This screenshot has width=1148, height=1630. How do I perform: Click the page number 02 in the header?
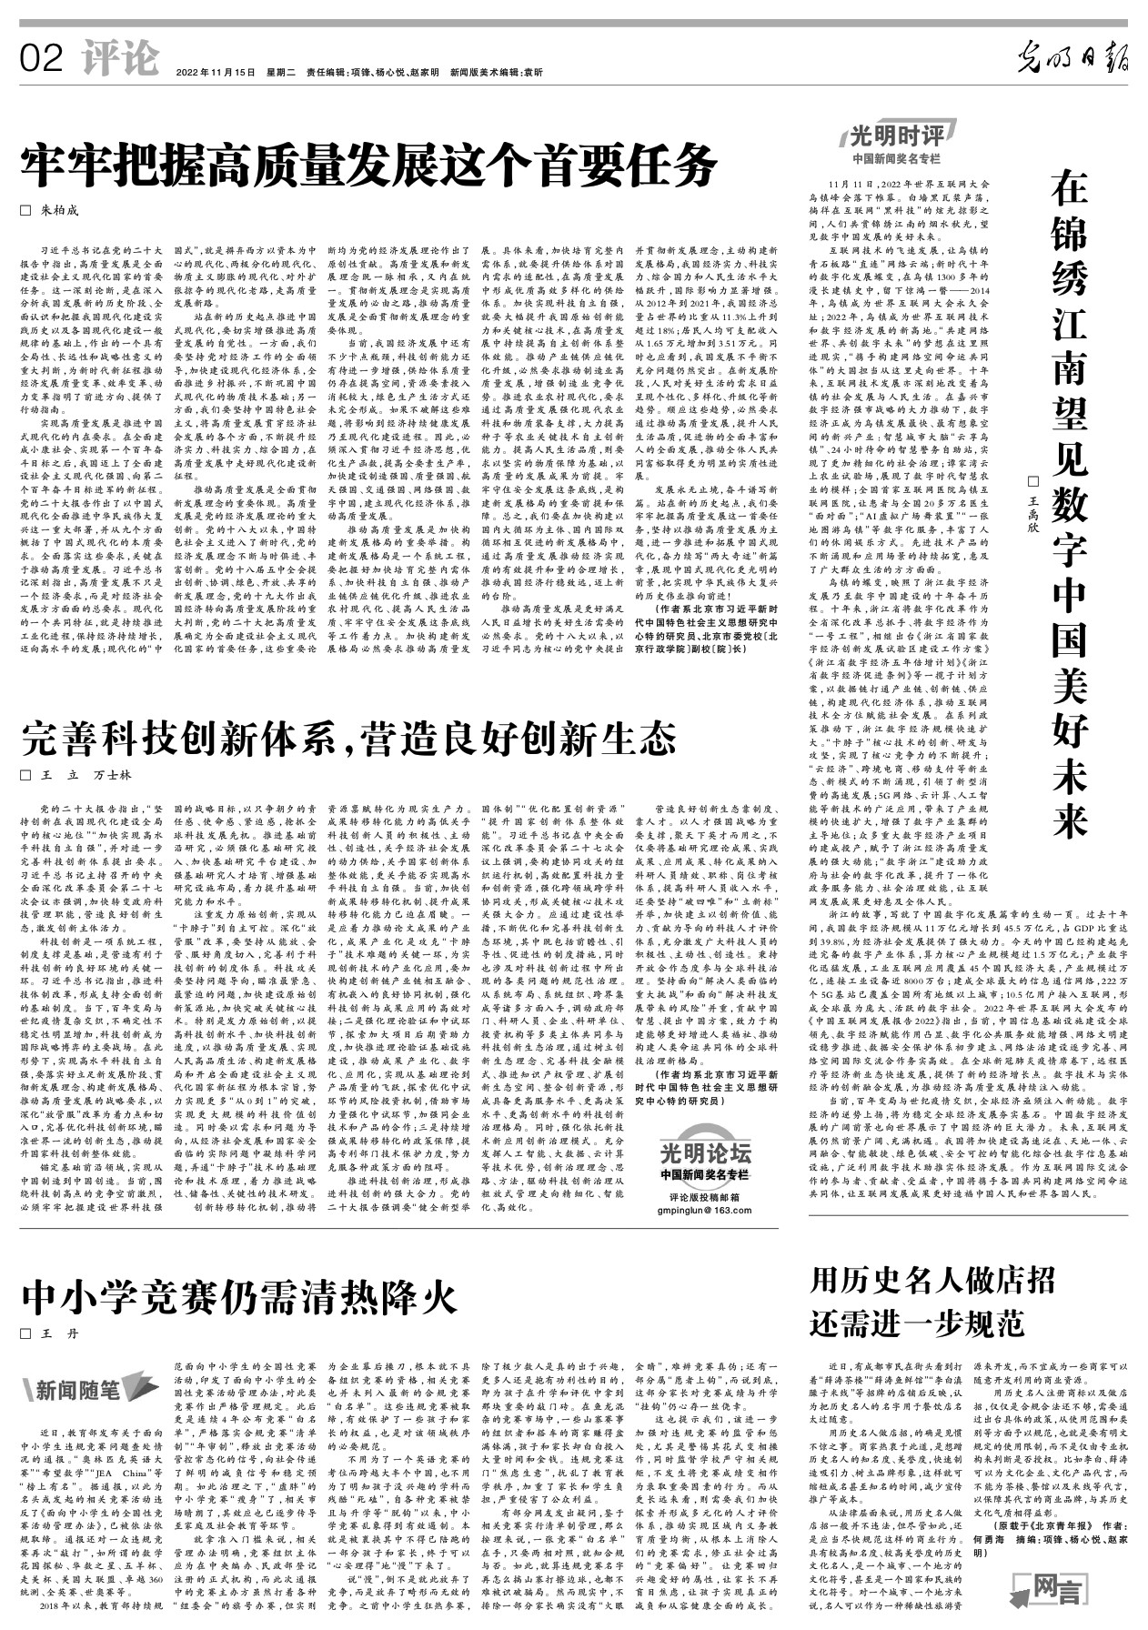40,59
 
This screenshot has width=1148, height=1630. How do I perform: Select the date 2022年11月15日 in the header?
216,73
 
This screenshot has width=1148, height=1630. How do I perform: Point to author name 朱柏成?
59,211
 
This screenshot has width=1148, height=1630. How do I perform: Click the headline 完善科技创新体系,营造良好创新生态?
348,737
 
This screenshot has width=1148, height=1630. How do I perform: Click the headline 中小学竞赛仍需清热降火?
239,1296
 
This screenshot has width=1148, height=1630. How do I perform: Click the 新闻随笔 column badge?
83,1388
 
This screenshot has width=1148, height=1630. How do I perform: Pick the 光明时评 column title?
897,136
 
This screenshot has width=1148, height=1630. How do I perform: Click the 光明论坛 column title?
707,1154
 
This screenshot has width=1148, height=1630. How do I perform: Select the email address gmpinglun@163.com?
707,1211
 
